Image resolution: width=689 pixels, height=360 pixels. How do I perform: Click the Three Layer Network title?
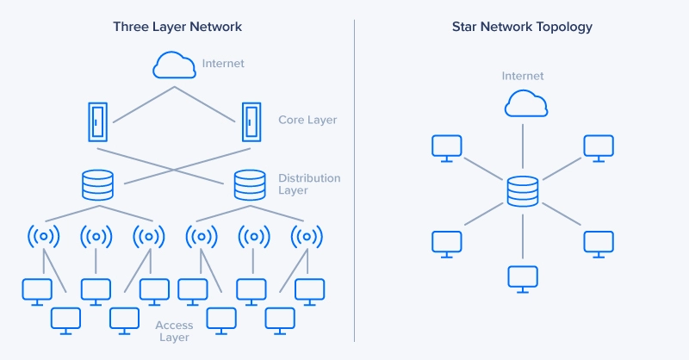coord(177,27)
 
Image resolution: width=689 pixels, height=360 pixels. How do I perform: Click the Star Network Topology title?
coord(522,27)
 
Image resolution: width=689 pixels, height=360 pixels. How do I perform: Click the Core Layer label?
coord(307,120)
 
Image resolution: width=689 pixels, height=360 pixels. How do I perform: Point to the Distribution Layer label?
coord(309,184)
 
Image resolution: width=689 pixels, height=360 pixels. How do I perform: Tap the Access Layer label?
coord(174,332)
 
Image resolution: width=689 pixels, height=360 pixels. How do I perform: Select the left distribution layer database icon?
coord(96,185)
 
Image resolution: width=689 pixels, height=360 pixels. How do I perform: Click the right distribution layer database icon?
coord(249,185)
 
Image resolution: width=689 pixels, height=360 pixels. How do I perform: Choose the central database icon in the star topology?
coord(522,191)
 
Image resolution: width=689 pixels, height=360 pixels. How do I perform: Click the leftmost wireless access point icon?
coord(43,235)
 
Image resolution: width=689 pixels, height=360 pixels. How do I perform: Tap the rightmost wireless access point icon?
coord(305,235)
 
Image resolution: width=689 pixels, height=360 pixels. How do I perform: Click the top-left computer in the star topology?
coord(446,147)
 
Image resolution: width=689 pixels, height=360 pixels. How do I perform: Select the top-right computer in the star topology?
coord(598,147)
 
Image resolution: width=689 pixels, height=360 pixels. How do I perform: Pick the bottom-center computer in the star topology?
coord(522,278)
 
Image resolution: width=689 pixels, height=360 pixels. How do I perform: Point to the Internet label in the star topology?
coord(523,77)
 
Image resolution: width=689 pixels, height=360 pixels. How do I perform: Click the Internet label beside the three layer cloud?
coord(223,64)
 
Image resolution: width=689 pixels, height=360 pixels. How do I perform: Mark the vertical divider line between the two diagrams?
coord(355,180)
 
